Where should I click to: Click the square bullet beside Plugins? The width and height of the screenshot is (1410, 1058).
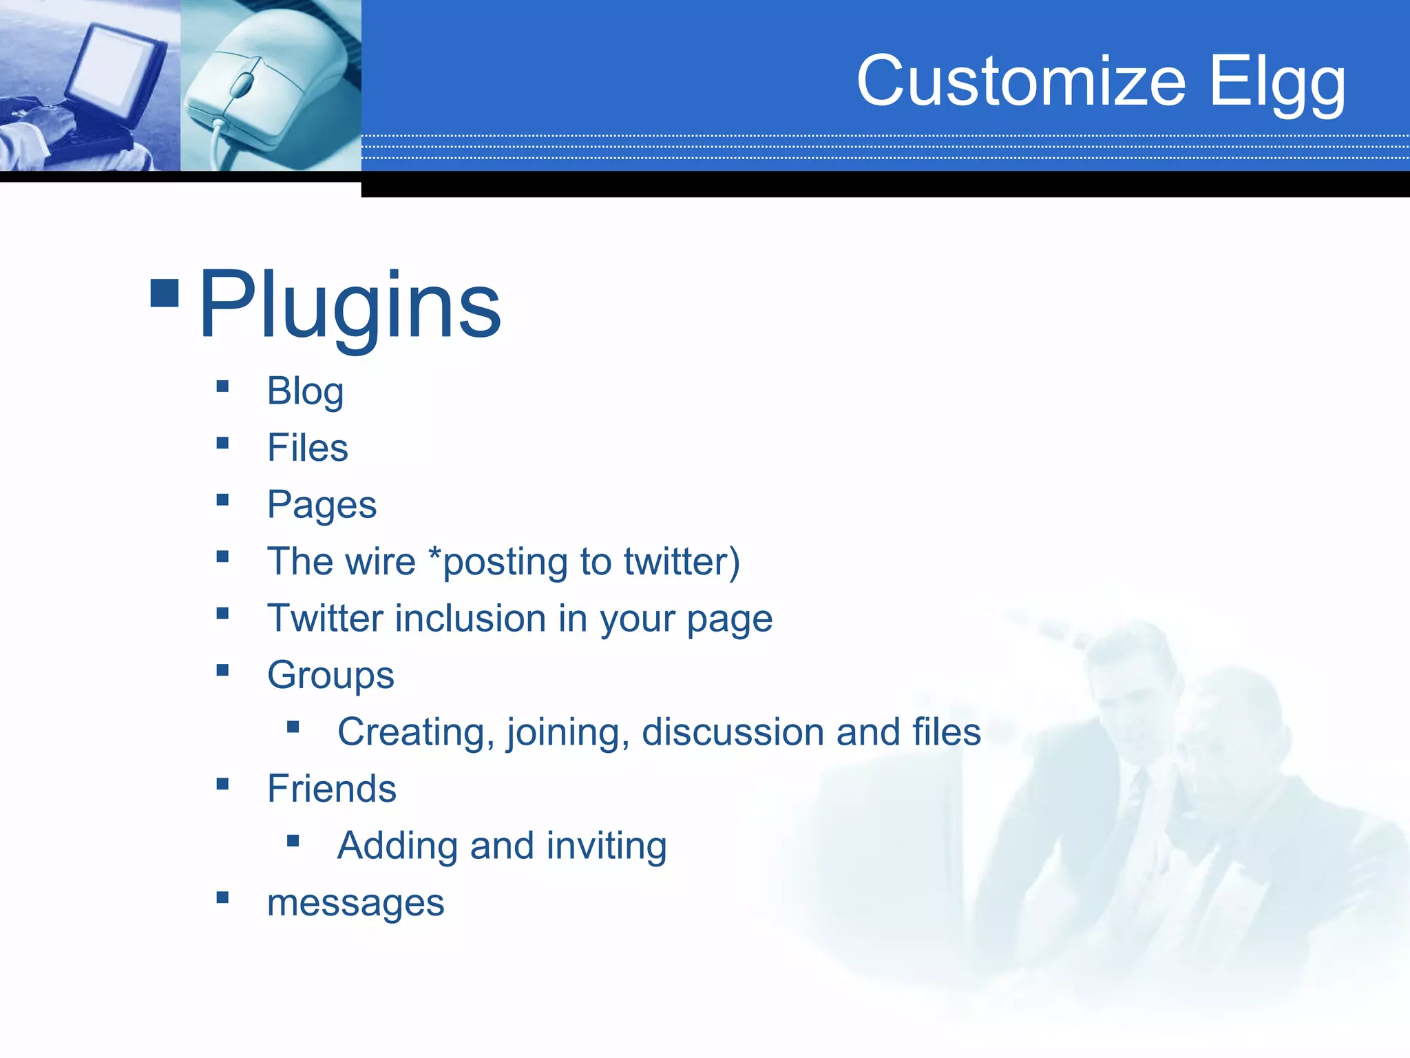(x=165, y=293)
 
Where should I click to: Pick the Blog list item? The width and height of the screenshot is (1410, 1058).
(x=305, y=392)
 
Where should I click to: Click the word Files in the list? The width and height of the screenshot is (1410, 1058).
(x=307, y=448)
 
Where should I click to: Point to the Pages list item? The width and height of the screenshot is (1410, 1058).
(x=322, y=506)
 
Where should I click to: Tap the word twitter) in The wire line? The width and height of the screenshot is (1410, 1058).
(x=682, y=561)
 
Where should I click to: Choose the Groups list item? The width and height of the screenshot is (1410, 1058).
(x=330, y=675)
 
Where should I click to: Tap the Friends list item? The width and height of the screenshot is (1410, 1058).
(x=331, y=789)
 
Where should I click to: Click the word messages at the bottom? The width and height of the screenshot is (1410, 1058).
(x=355, y=903)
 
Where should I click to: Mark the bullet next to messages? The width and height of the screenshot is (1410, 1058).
(x=222, y=897)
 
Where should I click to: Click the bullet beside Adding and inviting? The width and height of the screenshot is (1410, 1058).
(x=293, y=840)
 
